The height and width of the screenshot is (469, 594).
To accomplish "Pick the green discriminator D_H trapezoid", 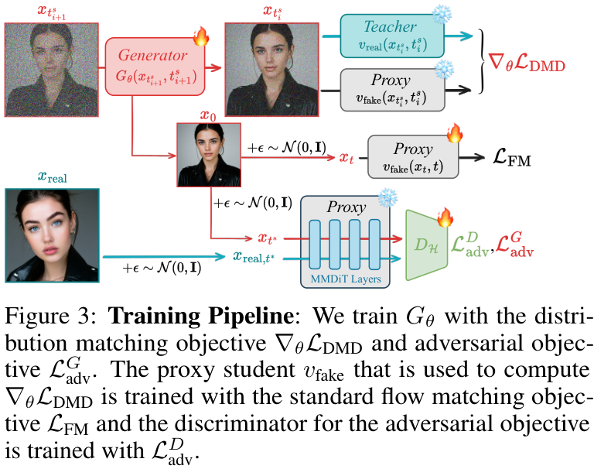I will tap(426, 245).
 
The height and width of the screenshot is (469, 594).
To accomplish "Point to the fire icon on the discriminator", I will tap(445, 219).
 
